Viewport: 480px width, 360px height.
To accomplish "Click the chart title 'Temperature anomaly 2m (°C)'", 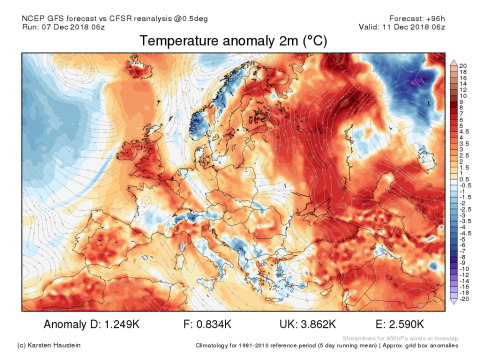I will pyautogui.click(x=233, y=41).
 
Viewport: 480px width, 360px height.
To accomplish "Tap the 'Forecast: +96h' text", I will pyautogui.click(x=416, y=18).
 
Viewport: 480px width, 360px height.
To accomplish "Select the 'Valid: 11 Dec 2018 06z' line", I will pyautogui.click(x=402, y=27).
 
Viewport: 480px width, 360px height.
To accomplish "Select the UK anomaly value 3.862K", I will pyautogui.click(x=315, y=324).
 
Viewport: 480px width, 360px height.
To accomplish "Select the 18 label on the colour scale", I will pyautogui.click(x=462, y=72).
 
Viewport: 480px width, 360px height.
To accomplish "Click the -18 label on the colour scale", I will pyautogui.click(x=463, y=292).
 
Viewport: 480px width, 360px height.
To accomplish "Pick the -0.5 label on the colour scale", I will pyautogui.click(x=464, y=184).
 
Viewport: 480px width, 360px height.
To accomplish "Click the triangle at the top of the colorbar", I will pyautogui.click(x=453, y=62).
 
